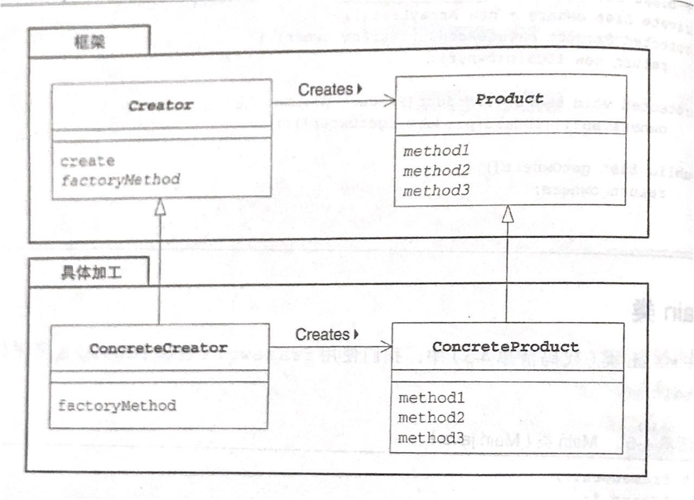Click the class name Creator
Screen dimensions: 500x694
pyautogui.click(x=160, y=105)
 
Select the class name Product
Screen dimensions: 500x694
pyautogui.click(x=509, y=99)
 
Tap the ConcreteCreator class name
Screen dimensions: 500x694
pyautogui.click(x=158, y=348)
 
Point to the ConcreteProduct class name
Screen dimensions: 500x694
pyautogui.click(x=505, y=346)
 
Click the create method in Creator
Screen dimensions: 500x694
pyautogui.click(x=87, y=161)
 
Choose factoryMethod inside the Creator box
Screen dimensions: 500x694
pyautogui.click(x=119, y=180)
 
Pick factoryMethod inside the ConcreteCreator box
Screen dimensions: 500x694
pyautogui.click(x=117, y=405)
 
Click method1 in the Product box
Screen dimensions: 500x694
pyautogui.click(x=435, y=151)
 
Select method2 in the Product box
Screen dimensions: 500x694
pyautogui.click(x=436, y=171)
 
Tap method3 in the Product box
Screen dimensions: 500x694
pyautogui.click(x=436, y=191)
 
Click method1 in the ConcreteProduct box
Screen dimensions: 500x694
pyautogui.click(x=432, y=398)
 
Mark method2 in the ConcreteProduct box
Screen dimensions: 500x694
pyautogui.click(x=432, y=418)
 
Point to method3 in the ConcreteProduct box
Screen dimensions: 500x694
pyautogui.click(x=432, y=437)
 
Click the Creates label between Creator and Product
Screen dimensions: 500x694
pyautogui.click(x=325, y=89)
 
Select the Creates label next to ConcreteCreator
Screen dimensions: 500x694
pyautogui.click(x=323, y=335)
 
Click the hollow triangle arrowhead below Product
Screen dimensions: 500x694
pyautogui.click(x=507, y=216)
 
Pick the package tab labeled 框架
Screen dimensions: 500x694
pyautogui.click(x=90, y=43)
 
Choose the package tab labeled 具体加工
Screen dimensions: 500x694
pyautogui.click(x=89, y=273)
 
